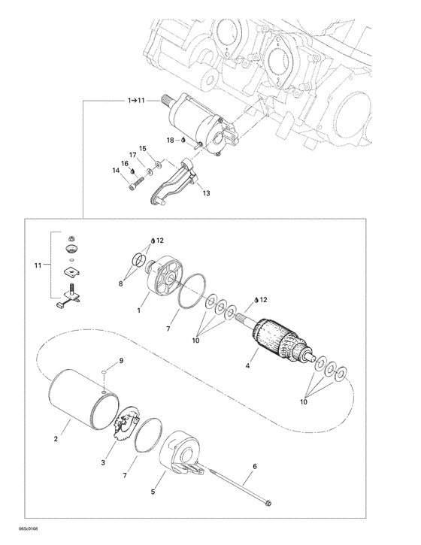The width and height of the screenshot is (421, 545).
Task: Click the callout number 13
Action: [x=206, y=193]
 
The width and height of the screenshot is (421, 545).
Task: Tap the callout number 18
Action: [x=170, y=140]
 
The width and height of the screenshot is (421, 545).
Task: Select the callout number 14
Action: [x=116, y=171]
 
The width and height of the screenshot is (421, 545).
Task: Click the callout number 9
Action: [x=121, y=361]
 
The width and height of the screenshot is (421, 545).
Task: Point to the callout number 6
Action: [x=255, y=467]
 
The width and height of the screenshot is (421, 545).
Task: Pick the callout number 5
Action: [x=153, y=492]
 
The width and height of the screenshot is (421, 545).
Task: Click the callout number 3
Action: [x=103, y=462]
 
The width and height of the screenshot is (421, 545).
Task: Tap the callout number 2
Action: [x=56, y=439]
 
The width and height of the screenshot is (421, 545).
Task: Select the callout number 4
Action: [x=247, y=365]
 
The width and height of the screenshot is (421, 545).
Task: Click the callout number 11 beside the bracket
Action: [x=38, y=266]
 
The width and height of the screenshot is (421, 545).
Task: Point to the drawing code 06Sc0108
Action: [x=28, y=529]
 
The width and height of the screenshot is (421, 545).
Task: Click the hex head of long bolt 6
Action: [x=268, y=503]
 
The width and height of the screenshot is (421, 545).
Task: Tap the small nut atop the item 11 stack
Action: [x=71, y=239]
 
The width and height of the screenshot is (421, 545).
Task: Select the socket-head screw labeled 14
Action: [x=136, y=184]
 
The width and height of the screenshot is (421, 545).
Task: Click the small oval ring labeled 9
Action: [x=104, y=372]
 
